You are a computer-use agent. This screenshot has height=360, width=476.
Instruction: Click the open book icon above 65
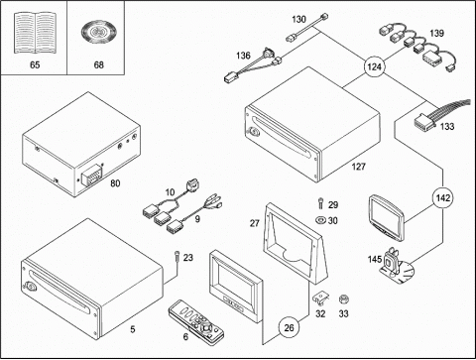(x=35, y=33)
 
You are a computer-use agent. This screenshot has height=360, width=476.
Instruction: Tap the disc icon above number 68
(x=98, y=33)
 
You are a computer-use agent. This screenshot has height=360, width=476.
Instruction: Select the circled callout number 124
(x=374, y=67)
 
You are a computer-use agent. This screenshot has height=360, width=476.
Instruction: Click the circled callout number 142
(x=442, y=197)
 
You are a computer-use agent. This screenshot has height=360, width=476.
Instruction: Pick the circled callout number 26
(x=289, y=327)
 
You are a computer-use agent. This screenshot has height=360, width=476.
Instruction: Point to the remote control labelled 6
(x=196, y=319)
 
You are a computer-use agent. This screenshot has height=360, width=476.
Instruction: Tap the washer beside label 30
(x=320, y=220)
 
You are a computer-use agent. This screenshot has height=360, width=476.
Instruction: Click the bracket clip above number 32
(x=320, y=298)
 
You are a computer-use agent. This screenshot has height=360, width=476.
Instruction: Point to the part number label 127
(x=359, y=167)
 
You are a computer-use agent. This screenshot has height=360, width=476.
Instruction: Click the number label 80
(x=115, y=183)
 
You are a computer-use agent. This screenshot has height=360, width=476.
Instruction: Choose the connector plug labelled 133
(x=424, y=122)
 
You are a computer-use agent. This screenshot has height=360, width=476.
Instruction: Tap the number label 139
(x=436, y=33)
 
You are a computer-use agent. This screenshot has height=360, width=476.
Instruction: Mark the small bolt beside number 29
(x=320, y=202)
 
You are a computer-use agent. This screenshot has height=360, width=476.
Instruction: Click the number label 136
(x=243, y=56)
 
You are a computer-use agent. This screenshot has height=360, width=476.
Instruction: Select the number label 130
(x=298, y=19)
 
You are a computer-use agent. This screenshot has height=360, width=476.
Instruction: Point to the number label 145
(x=375, y=259)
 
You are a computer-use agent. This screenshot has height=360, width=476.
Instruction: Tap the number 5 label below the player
(x=133, y=329)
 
